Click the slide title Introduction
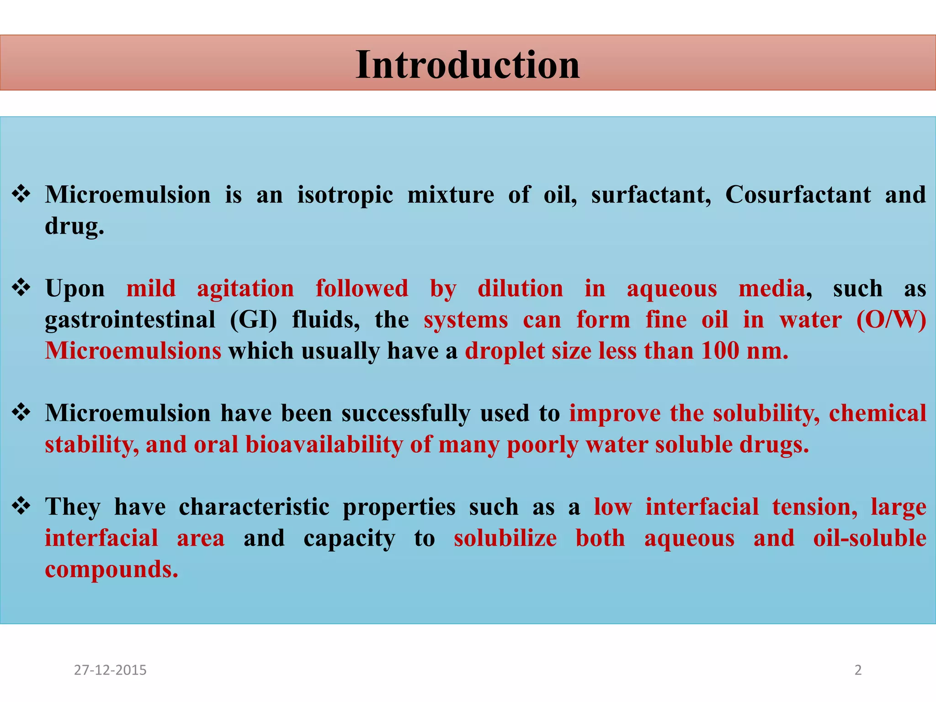[468, 65]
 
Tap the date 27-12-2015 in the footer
[110, 670]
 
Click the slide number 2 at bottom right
[858, 670]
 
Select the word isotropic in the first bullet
[345, 195]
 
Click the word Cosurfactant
[798, 195]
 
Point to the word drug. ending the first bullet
[74, 226]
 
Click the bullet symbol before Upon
[21, 288]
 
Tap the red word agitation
[245, 289]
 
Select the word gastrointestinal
[130, 320]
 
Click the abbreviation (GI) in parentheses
[254, 320]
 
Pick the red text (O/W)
[891, 320]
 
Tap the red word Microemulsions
[133, 351]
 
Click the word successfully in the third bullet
[406, 414]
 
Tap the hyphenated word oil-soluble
[869, 538]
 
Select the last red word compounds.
[111, 569]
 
